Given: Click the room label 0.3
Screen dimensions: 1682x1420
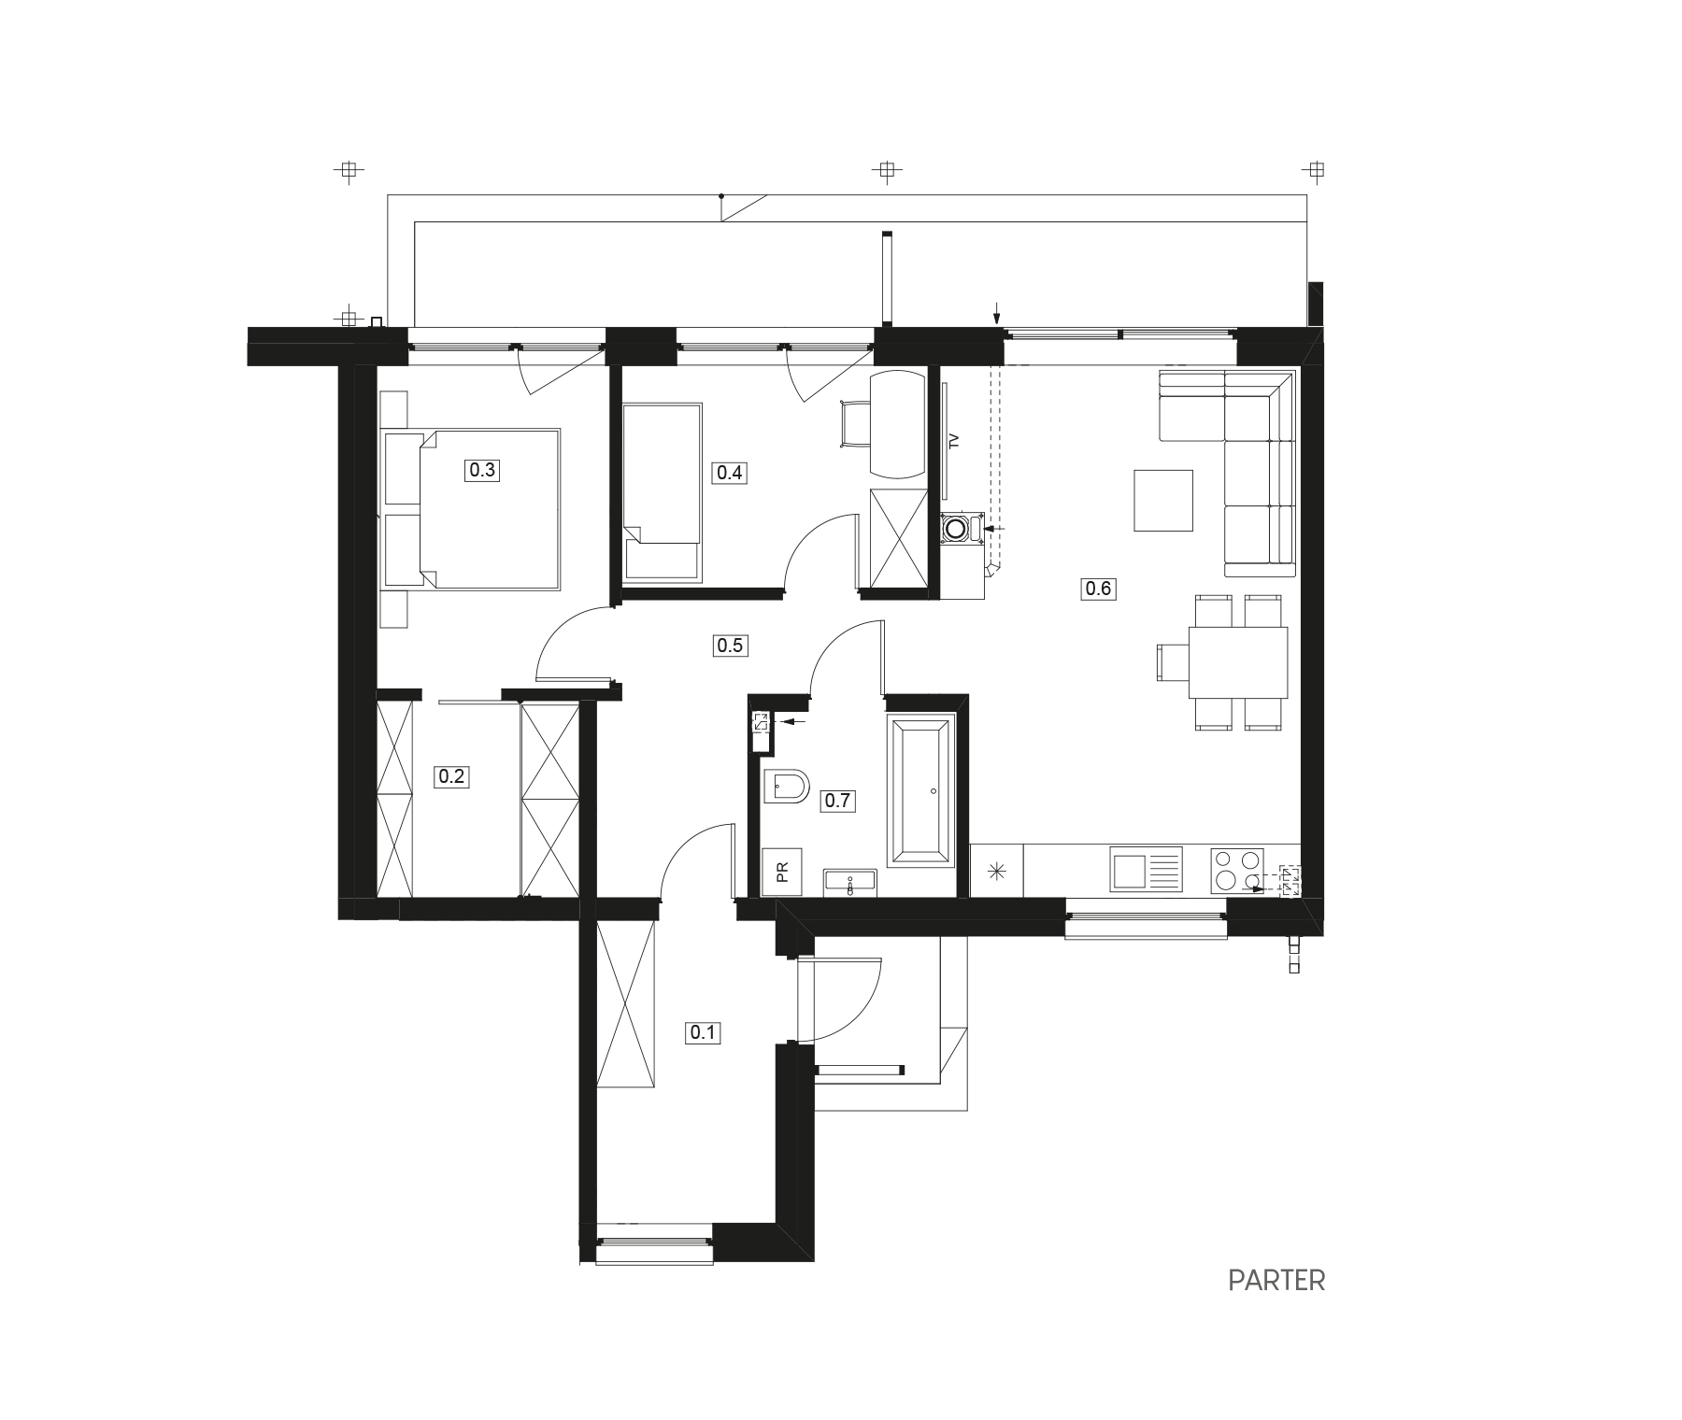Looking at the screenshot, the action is [481, 470].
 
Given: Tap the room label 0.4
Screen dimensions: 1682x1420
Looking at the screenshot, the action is [729, 473].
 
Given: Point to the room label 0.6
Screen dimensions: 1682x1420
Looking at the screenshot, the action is [1098, 589].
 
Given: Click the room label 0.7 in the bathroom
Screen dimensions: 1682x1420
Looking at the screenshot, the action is [837, 801].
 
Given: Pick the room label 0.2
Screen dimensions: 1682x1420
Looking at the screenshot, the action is [451, 776].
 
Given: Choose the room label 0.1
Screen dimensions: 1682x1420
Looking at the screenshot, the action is [703, 1032].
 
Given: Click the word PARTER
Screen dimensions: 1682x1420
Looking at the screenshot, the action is [1276, 1280].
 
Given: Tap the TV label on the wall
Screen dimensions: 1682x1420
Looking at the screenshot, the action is [954, 442].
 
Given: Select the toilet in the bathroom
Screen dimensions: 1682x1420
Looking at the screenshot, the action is [786, 787].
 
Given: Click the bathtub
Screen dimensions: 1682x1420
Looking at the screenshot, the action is [920, 788].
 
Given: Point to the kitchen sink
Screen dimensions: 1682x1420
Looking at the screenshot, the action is [1146, 869].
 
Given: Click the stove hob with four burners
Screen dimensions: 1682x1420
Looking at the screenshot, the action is [1236, 871].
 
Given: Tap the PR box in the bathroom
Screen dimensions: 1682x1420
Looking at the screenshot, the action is [781, 872].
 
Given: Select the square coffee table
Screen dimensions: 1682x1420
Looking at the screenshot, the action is [1163, 500].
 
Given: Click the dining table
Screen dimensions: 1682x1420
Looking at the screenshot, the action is [1238, 662].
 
